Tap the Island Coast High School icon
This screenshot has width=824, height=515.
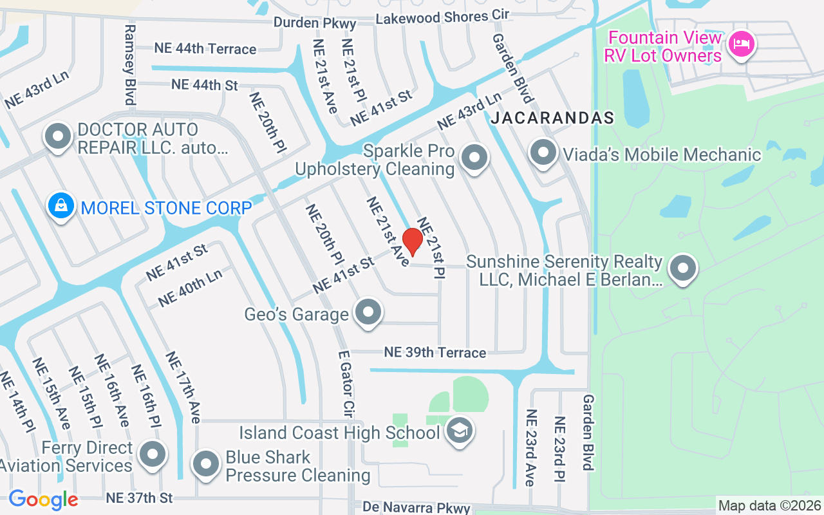coord(460,431)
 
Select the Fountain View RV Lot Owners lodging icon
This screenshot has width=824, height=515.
coord(742,44)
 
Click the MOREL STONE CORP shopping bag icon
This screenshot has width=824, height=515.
coord(61,207)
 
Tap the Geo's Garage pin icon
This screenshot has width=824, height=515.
coord(368,313)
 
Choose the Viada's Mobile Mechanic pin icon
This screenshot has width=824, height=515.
coord(543,153)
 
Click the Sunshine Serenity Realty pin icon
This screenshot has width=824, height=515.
coord(683,268)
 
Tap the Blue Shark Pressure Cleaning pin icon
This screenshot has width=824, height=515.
coord(206,464)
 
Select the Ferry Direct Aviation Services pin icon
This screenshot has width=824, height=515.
coord(153,454)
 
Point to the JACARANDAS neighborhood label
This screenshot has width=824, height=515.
coord(552,118)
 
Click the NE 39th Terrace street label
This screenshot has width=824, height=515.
coord(435,352)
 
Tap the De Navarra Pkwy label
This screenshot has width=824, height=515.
coord(417,508)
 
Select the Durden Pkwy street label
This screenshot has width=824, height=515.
coord(315,23)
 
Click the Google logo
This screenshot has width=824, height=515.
coord(43,499)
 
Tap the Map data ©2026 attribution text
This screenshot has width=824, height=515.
coord(770,505)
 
